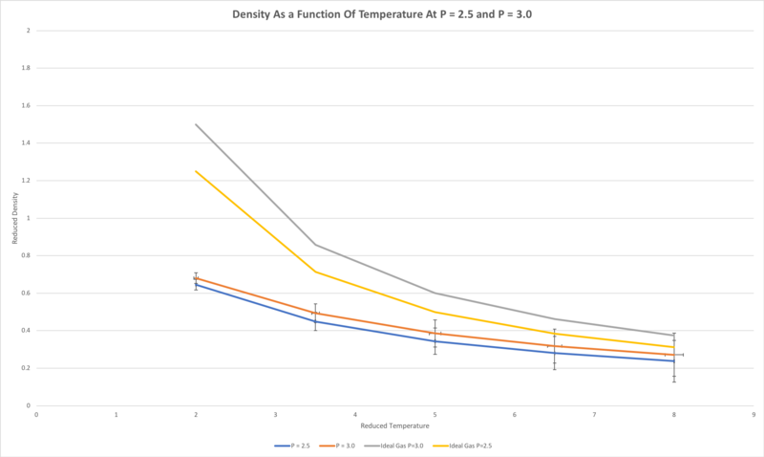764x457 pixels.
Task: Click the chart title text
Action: point(382,13)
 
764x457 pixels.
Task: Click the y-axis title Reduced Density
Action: point(15,218)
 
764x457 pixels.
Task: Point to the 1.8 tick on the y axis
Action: point(27,68)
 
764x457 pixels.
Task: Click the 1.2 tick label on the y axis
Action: point(27,181)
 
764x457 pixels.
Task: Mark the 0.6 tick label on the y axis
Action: point(27,293)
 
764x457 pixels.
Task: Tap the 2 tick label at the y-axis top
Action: point(29,31)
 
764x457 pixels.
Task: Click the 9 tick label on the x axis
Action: point(753,414)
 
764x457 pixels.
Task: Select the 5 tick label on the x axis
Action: point(435,414)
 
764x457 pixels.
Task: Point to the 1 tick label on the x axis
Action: point(116,414)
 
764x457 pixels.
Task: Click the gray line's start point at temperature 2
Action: point(196,124)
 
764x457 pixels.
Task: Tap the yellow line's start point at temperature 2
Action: point(196,171)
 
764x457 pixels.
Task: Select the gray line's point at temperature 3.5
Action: point(315,245)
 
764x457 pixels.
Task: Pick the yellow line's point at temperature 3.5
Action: point(315,272)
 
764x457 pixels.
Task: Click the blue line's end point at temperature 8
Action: point(674,360)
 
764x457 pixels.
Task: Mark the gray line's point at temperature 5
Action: point(435,293)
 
